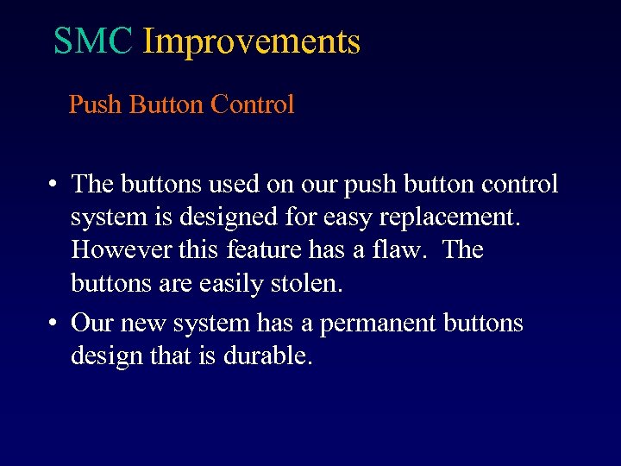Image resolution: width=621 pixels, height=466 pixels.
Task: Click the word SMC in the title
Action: [x=93, y=41]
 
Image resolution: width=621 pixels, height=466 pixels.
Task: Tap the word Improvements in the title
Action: [x=251, y=41]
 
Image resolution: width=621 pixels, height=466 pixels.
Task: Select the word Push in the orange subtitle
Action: [x=96, y=105]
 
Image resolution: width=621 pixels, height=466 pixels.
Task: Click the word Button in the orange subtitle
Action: [x=166, y=105]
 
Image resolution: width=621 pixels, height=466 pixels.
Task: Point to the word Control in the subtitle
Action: [x=253, y=105]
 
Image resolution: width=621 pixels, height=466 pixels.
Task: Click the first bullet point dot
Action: [x=53, y=185]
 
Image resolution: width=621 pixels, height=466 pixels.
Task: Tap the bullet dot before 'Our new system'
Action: [x=53, y=324]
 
